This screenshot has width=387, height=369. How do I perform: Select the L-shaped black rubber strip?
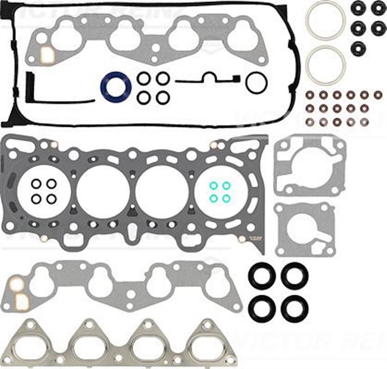(x=30, y=91)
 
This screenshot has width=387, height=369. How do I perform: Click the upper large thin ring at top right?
(x=325, y=20)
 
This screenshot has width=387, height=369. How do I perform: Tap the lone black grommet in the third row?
(x=357, y=48)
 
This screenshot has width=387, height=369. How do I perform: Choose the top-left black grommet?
(x=357, y=8)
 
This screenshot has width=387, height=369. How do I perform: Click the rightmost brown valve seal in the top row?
(x=378, y=95)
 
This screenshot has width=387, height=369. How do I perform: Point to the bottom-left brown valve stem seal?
(x=310, y=122)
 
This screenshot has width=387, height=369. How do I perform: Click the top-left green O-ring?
(x=213, y=186)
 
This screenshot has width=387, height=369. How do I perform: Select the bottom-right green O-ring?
(x=226, y=198)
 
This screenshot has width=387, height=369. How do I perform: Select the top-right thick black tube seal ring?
(x=294, y=276)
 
